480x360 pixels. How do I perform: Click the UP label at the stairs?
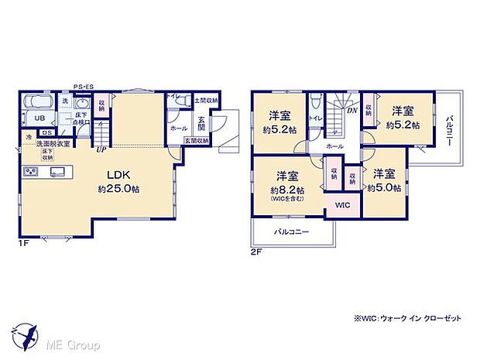tap(101, 150)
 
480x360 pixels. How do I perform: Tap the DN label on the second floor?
tap(352, 111)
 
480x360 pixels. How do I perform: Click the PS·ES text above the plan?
tap(84, 87)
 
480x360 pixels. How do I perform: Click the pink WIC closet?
tap(341, 204)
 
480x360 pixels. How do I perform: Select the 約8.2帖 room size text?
tap(286, 190)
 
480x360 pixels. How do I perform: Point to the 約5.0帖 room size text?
tap(384, 187)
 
